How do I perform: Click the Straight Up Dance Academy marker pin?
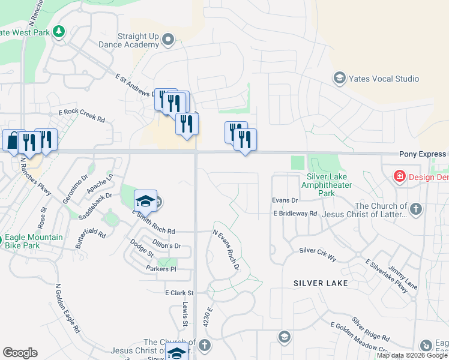pyautogui.click(x=168, y=41)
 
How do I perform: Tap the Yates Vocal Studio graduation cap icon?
pyautogui.click(x=339, y=79)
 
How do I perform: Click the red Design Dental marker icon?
pyautogui.click(x=399, y=176)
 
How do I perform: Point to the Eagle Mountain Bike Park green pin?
pyautogui.click(x=10, y=237)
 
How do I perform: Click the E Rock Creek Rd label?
pyautogui.click(x=81, y=116)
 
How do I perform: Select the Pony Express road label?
pyautogui.click(x=423, y=154)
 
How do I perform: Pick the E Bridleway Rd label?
pyautogui.click(x=295, y=213)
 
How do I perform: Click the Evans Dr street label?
pyautogui.click(x=285, y=200)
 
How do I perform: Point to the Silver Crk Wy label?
pyautogui.click(x=318, y=253)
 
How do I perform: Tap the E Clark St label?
pyautogui.click(x=180, y=293)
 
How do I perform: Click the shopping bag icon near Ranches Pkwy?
pyautogui.click(x=13, y=141)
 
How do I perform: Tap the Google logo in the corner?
pyautogui.click(x=20, y=353)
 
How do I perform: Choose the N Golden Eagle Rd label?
pyautogui.click(x=66, y=309)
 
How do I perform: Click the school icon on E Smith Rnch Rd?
pyautogui.click(x=145, y=201)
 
